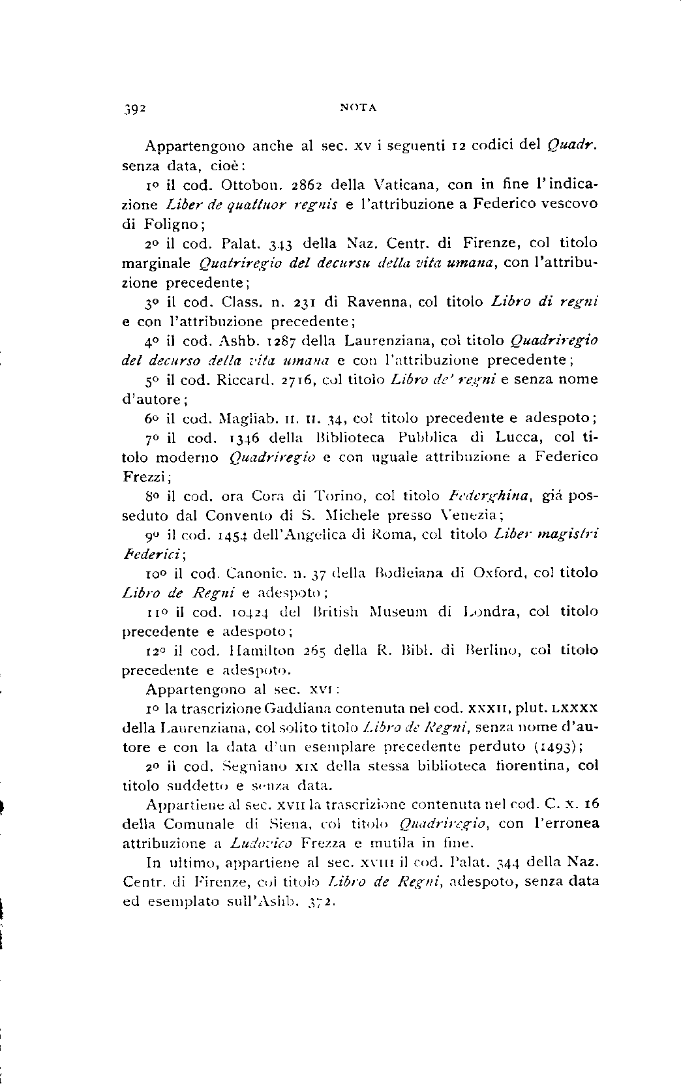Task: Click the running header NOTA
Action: point(358,108)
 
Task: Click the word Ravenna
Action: point(378,302)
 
